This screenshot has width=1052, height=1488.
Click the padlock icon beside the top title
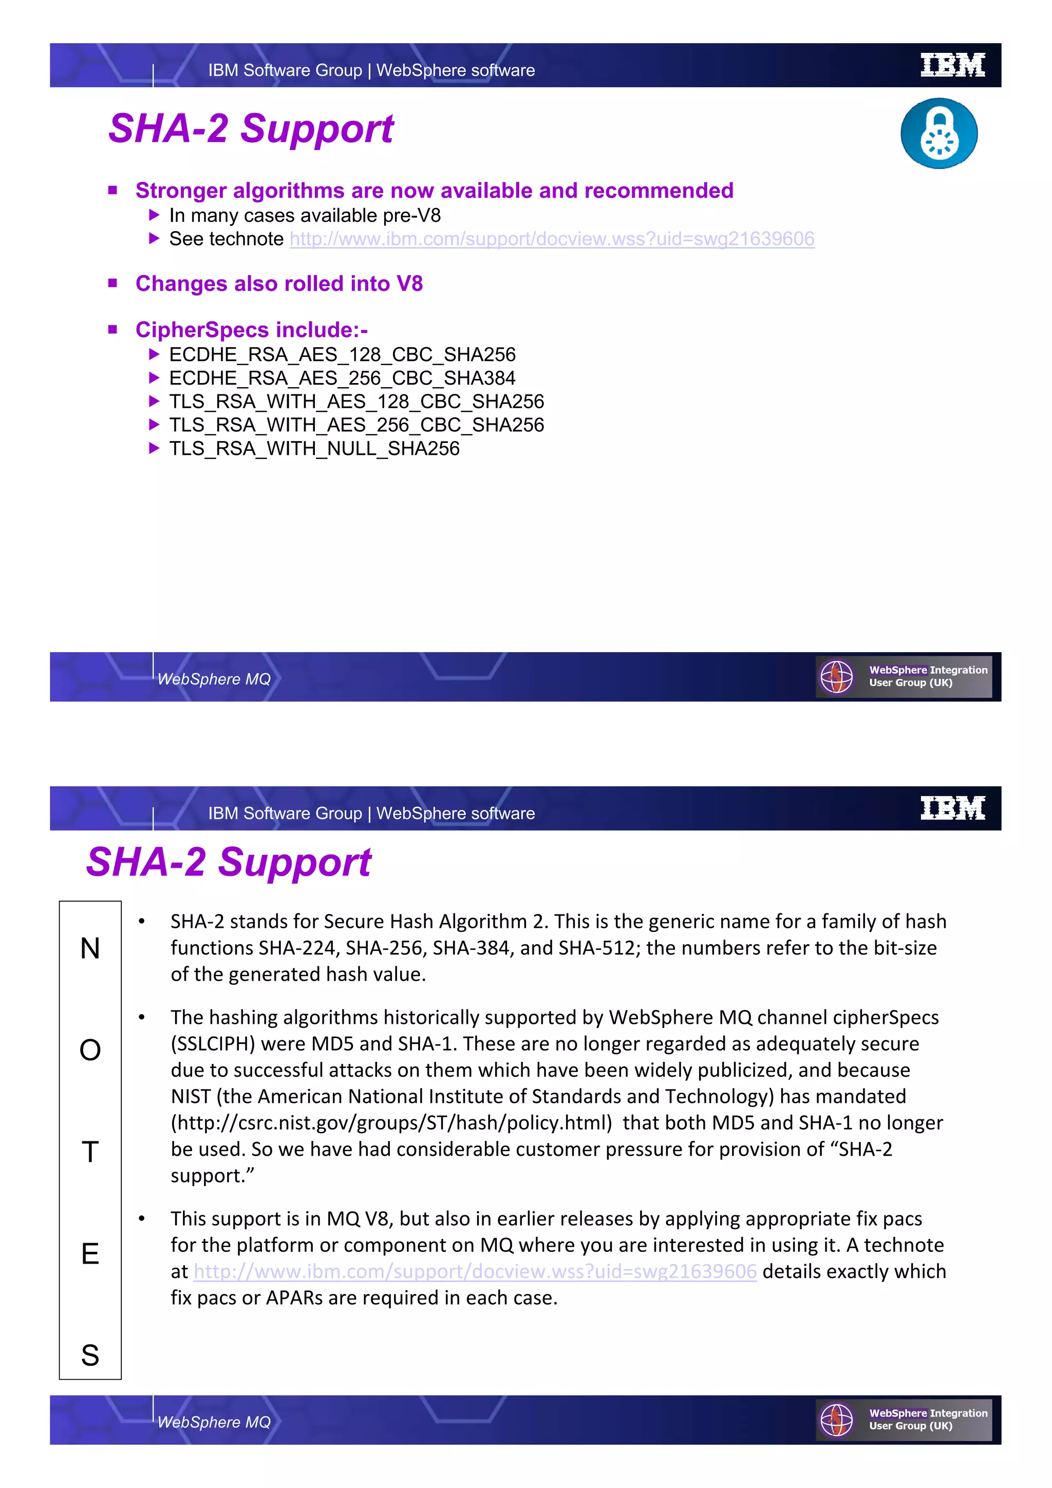coord(938,133)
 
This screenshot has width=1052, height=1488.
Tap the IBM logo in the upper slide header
coord(952,65)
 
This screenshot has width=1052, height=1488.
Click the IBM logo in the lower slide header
coord(952,808)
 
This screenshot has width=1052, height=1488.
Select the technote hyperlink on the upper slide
coord(552,239)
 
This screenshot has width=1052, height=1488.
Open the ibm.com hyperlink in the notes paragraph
coord(475,1271)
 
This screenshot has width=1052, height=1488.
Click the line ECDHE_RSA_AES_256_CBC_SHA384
coord(342,378)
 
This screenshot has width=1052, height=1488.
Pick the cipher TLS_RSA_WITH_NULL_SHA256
coord(314,448)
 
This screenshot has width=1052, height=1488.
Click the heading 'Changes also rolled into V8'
coord(279,284)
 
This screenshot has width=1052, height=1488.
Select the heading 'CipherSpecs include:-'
coord(252,330)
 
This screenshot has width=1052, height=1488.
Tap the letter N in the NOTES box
coord(90,949)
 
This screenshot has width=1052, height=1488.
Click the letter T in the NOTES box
coord(90,1152)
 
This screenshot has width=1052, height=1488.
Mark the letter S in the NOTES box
coord(90,1355)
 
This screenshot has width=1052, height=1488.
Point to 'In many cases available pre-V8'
coord(305,215)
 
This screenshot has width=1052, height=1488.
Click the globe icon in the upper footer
coord(836,677)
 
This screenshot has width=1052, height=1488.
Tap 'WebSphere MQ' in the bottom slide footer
coord(214,1422)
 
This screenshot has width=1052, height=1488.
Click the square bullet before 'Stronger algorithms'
coord(113,190)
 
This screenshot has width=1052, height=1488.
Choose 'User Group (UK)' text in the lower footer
coord(910,1426)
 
